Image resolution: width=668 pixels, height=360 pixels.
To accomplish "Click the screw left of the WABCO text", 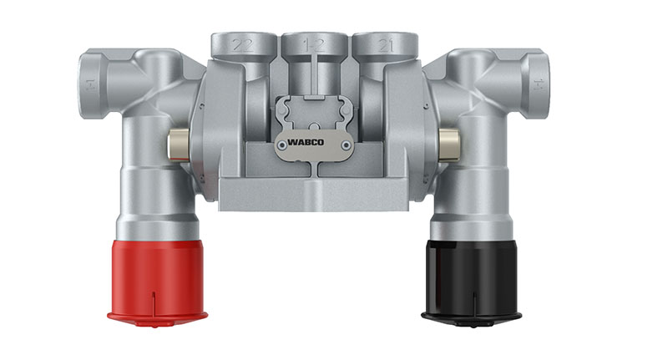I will tap(283, 145).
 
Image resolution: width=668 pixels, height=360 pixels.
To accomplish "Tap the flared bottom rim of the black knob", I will tap(471, 317).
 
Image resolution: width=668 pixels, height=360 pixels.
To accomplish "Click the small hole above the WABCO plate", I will tap(313, 112).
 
